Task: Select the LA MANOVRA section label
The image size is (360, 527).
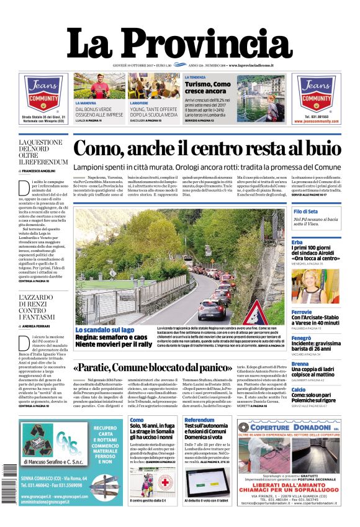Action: tap(86, 102)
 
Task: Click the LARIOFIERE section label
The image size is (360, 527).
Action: tap(142, 102)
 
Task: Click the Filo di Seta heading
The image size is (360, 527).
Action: tap(306, 212)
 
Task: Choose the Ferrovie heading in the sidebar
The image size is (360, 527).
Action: tap(302, 312)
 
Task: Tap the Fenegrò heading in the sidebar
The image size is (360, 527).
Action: tap(302, 338)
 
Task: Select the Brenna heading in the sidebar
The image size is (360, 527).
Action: tap(300, 364)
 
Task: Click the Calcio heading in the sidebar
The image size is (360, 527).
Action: tap(299, 390)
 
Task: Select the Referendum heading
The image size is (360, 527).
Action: tap(199, 420)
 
